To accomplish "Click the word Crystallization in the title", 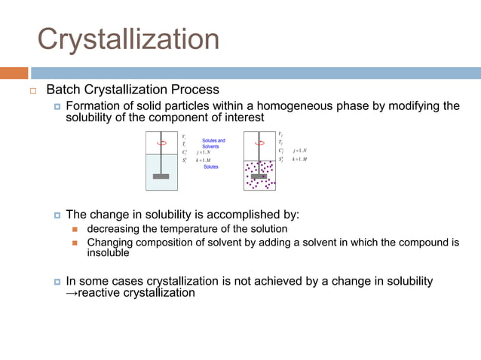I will coord(128,38).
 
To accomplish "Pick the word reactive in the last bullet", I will coord(99,293).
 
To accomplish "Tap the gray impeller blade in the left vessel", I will coord(161,176).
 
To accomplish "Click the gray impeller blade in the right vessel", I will coord(259,176).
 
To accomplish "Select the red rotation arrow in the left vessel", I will coord(161,142).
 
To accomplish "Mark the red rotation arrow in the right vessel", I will coord(260,142).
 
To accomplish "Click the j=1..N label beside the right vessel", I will coord(299,151).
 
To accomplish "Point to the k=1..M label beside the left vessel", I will coord(203,160).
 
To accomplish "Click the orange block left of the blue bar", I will coord(14,73).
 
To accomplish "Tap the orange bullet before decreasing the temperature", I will coord(75,229).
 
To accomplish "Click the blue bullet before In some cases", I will coord(57,282).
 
